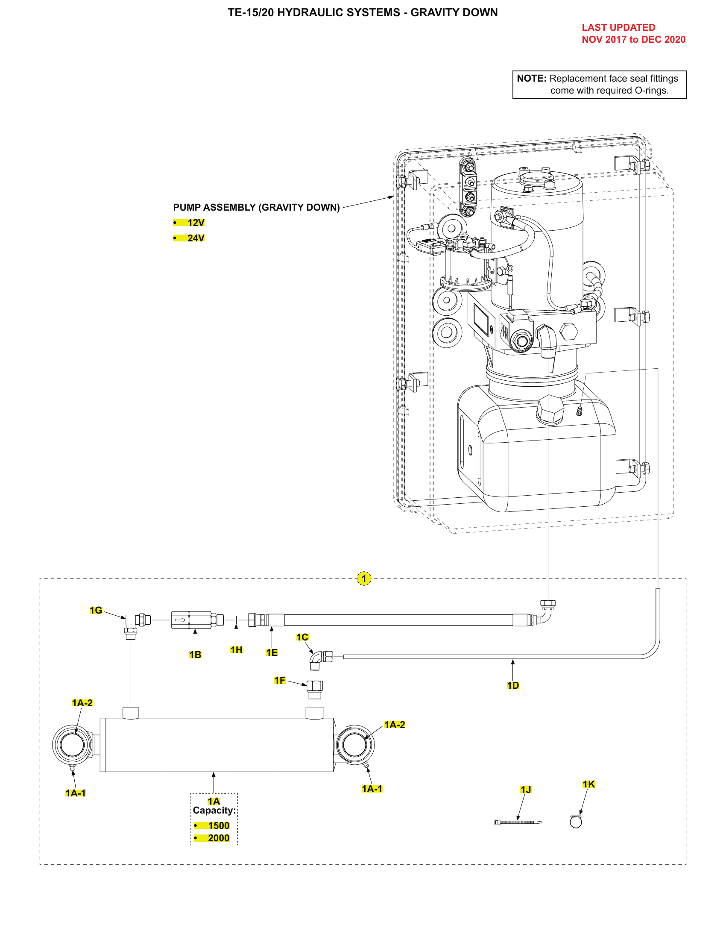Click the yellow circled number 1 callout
tap(364, 579)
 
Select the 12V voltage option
tap(196, 223)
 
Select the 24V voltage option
tap(196, 238)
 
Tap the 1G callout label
tap(96, 610)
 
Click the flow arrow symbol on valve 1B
tap(180, 620)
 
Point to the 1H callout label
tap(236, 650)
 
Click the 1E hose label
tap(271, 652)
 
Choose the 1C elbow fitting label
tap(302, 637)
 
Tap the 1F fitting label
tap(280, 680)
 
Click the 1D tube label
tap(512, 685)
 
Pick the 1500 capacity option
tap(219, 825)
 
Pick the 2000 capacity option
tap(219, 838)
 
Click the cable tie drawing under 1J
tap(518, 822)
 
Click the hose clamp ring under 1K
tap(576, 822)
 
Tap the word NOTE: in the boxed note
tap(531, 78)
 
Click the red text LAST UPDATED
tap(618, 27)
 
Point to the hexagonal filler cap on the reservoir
tap(550, 409)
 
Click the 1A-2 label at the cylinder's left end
tap(82, 703)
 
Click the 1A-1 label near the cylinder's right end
tap(372, 788)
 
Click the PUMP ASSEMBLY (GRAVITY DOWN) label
tap(256, 208)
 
